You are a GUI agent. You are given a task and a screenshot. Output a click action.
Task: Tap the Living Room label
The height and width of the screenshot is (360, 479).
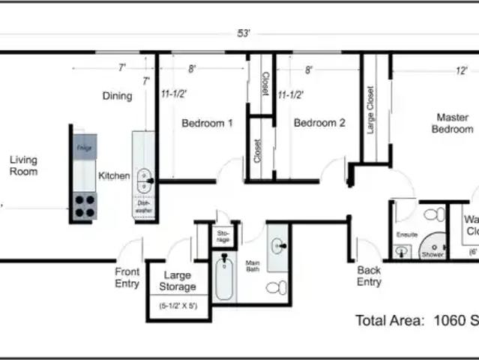(x=23, y=166)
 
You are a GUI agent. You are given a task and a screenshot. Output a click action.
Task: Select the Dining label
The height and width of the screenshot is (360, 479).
(x=117, y=96)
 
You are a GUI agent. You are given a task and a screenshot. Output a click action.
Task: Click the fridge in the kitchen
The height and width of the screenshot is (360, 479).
(x=84, y=148)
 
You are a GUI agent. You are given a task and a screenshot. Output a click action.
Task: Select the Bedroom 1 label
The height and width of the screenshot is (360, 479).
(x=207, y=124)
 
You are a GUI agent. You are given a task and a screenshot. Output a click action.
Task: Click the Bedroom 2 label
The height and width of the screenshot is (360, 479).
(x=319, y=123)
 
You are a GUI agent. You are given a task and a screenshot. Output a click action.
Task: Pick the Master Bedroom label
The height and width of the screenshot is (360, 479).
(x=452, y=124)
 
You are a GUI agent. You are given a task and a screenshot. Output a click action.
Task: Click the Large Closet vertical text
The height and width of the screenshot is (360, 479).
(x=370, y=109)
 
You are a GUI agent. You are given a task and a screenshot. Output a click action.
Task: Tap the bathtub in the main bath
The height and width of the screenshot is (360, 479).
(x=224, y=277)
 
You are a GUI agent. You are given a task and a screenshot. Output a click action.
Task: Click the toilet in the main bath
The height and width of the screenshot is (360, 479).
(x=276, y=286)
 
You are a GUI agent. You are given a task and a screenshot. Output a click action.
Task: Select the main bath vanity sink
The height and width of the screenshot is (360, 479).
(x=277, y=245)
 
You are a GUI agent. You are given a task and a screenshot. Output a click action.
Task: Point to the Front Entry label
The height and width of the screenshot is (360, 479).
(x=127, y=277)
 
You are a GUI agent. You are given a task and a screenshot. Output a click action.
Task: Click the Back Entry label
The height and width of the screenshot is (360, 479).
(x=369, y=276)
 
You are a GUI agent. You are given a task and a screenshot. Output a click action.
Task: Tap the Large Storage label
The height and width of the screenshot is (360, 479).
(x=178, y=281)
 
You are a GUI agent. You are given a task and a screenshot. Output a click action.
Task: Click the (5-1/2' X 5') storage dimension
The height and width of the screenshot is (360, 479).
(x=178, y=306)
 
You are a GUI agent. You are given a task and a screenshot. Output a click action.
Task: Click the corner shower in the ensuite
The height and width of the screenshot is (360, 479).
(x=433, y=246)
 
